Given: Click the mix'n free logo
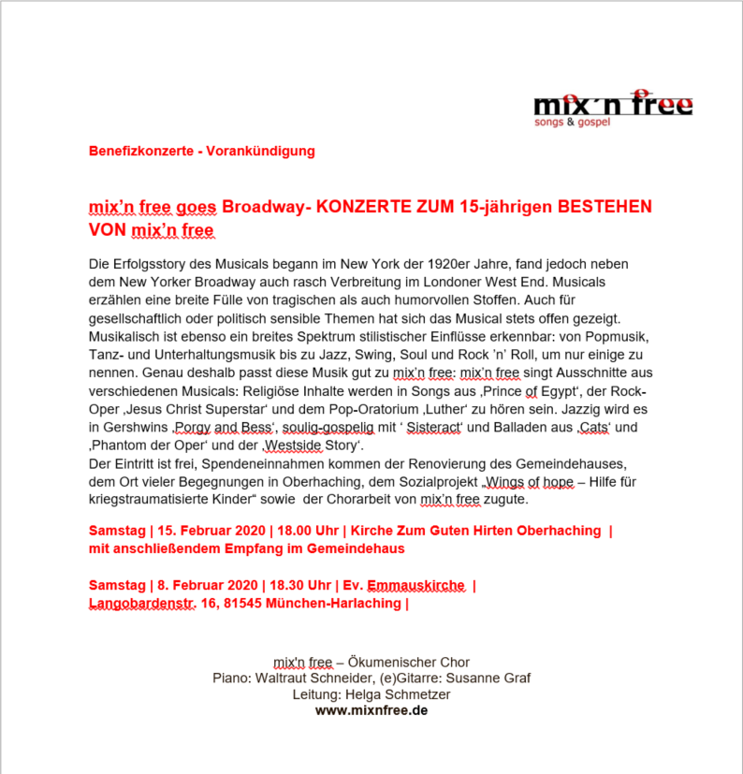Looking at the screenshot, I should click(x=613, y=108).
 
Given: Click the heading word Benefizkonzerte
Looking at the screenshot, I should click(x=138, y=151).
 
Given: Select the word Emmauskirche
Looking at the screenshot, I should click(x=416, y=586).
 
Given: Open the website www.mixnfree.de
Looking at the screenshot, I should click(x=371, y=710).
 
